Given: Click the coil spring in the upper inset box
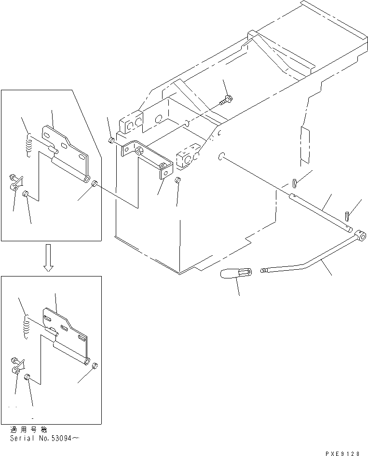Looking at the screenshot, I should (29, 145).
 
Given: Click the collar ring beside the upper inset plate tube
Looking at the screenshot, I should (95, 183).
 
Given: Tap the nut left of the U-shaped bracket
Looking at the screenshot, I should (111, 140).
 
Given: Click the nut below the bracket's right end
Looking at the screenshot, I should (177, 180).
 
